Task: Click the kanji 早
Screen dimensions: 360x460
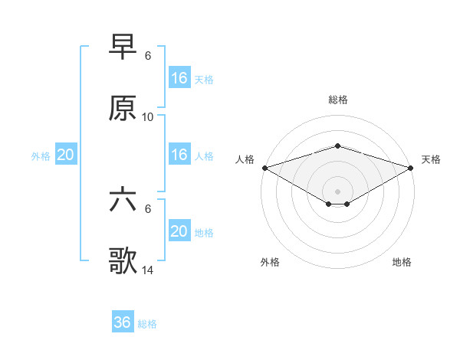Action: click(123, 47)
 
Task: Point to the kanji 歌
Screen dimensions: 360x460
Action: click(123, 261)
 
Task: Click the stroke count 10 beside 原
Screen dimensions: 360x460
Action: click(148, 117)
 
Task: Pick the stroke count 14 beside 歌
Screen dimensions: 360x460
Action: click(148, 270)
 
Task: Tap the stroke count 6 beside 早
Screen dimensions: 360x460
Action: click(148, 56)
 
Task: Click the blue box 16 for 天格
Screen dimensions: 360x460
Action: click(179, 78)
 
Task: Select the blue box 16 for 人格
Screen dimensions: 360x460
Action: click(179, 155)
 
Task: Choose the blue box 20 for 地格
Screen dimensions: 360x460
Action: click(179, 231)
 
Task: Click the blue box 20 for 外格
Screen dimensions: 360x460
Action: click(66, 155)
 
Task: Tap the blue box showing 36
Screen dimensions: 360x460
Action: click(123, 322)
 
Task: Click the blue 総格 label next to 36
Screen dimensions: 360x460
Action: click(148, 324)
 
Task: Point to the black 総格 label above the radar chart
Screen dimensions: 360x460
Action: click(337, 100)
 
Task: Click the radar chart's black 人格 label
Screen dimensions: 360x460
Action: click(245, 159)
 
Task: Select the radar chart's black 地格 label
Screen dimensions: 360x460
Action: click(402, 262)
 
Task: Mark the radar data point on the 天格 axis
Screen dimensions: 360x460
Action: click(411, 167)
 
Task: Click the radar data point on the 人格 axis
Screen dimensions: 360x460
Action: click(264, 167)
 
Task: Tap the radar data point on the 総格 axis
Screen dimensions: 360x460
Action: click(337, 146)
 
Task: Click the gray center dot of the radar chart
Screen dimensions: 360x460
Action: click(337, 191)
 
